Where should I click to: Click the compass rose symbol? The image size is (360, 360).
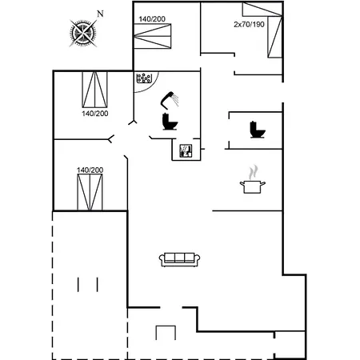point(83,34)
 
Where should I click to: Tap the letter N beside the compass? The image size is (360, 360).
point(100,14)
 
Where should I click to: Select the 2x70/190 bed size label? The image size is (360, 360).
point(249,25)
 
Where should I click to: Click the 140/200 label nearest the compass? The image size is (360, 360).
point(152,19)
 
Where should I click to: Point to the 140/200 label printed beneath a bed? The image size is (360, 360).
point(95,114)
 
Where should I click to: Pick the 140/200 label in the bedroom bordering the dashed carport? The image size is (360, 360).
point(90,170)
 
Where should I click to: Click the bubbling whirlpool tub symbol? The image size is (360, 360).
point(144,78)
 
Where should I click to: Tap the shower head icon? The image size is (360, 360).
point(170,100)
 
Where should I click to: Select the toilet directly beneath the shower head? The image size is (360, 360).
point(170,122)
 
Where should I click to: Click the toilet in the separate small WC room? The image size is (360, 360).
point(258,130)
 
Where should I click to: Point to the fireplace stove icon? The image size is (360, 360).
point(186,150)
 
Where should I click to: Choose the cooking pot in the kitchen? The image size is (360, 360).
point(252,186)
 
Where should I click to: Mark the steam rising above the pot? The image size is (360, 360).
point(253,172)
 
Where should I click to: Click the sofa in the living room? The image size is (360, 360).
point(179,259)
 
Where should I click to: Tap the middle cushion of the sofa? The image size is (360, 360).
point(179,258)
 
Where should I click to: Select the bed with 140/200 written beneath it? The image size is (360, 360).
point(94,90)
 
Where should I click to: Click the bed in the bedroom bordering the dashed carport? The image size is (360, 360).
point(90,192)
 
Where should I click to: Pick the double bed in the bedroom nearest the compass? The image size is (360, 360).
point(152,36)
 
